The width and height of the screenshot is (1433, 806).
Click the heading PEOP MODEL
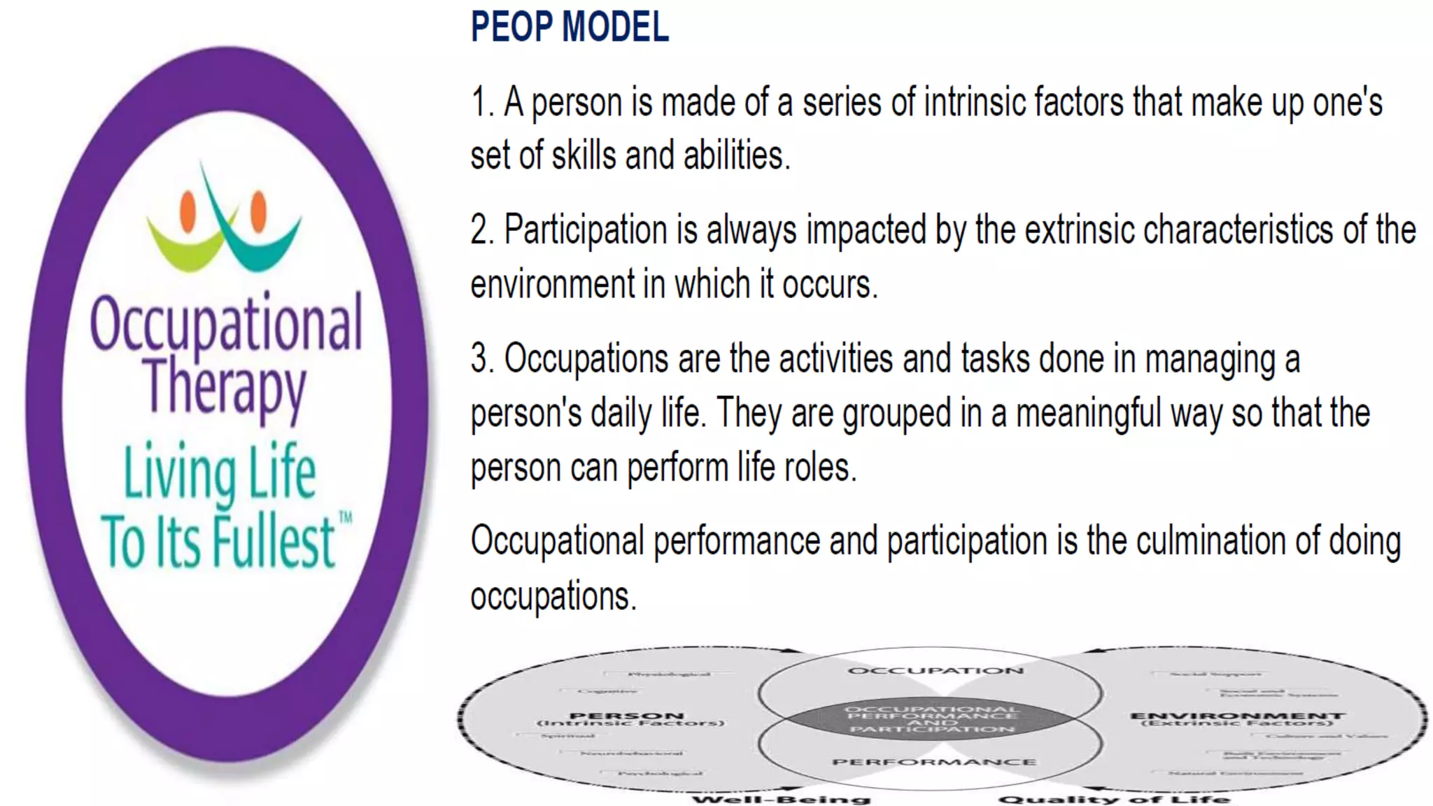pyautogui.click(x=570, y=27)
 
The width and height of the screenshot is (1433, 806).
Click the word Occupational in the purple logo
pyautogui.click(x=226, y=324)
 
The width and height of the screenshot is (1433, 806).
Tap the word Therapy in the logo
pyautogui.click(x=225, y=386)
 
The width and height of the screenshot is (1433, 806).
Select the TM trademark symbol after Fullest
pyautogui.click(x=346, y=518)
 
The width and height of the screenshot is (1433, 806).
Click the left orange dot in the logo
pyautogui.click(x=188, y=211)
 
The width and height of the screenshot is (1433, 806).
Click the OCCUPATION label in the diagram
pyautogui.click(x=935, y=670)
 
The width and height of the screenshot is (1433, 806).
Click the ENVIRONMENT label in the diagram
pyautogui.click(x=1236, y=716)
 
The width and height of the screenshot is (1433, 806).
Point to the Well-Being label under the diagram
pyautogui.click(x=781, y=799)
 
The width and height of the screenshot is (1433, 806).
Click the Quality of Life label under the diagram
pyautogui.click(x=1114, y=799)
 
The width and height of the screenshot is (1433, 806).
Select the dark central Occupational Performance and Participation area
pyautogui.click(x=931, y=719)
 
